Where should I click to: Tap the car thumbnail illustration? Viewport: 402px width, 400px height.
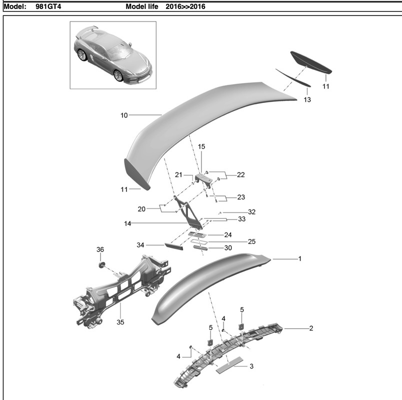(x=112, y=54)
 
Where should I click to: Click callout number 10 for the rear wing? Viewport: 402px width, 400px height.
(x=124, y=115)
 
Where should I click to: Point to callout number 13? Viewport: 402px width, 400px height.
(x=307, y=100)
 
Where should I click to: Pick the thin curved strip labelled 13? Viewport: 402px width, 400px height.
(x=292, y=77)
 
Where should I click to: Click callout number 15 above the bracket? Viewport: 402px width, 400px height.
(x=201, y=146)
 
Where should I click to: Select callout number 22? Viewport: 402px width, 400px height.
(x=240, y=175)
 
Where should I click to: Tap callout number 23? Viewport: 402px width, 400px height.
(x=240, y=197)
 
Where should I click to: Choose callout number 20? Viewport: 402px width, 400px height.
(x=141, y=209)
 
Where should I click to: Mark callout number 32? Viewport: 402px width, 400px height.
(x=251, y=212)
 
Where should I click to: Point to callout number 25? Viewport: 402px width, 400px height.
(x=252, y=241)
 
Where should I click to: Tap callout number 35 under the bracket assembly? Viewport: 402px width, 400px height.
(x=120, y=322)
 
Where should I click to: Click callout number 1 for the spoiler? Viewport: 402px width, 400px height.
(x=299, y=259)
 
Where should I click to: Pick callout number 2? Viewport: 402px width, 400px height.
(x=310, y=328)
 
